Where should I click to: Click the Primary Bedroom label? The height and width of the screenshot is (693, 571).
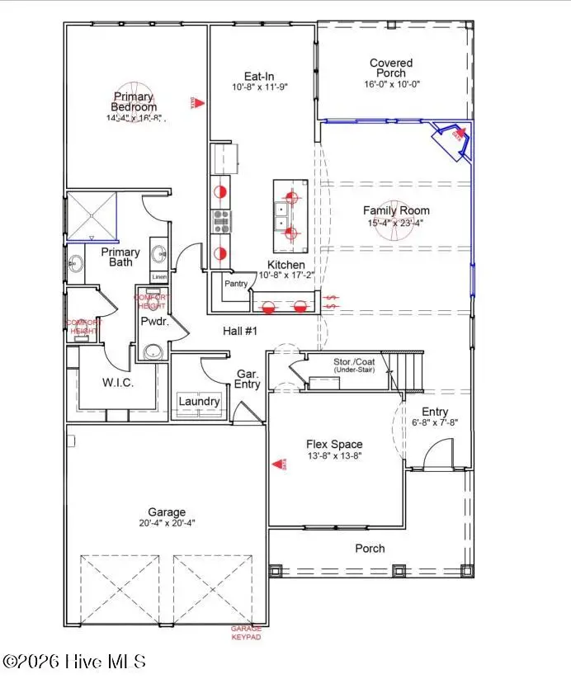[134, 101]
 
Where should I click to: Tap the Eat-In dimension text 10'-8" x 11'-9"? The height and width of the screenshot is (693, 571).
[259, 86]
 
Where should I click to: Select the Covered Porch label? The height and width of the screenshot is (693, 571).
[391, 68]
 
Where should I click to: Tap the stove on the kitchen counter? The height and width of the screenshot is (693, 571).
[222, 219]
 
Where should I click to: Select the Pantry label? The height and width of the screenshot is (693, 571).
[236, 283]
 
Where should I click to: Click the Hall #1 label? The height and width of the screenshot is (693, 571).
[241, 331]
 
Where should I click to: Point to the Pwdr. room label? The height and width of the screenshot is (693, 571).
[154, 322]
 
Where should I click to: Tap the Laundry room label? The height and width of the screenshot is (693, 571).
[199, 402]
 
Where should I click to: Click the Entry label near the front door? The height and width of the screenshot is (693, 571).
[435, 412]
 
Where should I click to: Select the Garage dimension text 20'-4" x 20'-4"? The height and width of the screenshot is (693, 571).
[167, 522]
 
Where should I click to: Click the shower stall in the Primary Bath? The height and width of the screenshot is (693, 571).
[92, 214]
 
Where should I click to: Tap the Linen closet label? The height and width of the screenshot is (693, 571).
[159, 277]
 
